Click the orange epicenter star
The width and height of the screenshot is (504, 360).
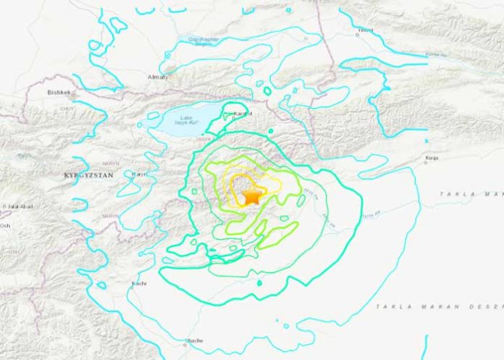(x=251, y=196)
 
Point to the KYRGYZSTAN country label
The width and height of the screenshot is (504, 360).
(x=88, y=176)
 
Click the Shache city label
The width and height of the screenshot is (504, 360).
(x=195, y=340)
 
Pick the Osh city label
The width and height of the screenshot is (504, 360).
(x=5, y=225)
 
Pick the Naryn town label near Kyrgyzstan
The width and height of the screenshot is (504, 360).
(x=139, y=174)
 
